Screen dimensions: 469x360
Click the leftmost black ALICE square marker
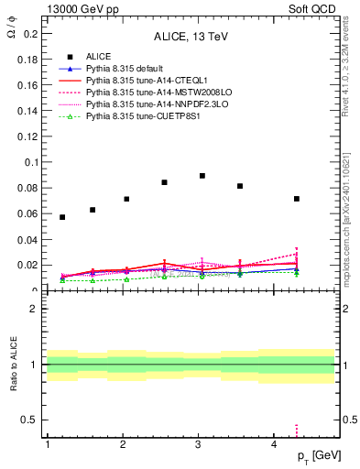tap(62, 217)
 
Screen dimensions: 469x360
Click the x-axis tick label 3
tap(199, 443)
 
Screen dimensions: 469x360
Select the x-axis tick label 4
tap(275, 443)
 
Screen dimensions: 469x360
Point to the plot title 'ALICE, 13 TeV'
tap(191, 37)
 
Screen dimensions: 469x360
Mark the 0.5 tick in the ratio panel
tap(30, 420)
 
